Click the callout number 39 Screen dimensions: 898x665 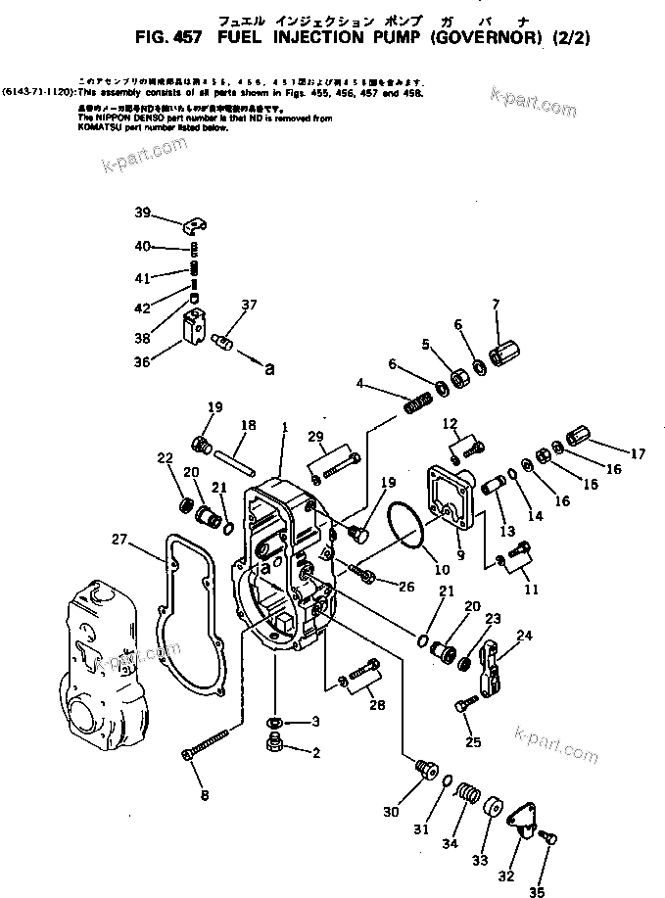click(x=143, y=213)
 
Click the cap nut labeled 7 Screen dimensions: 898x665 click(x=505, y=352)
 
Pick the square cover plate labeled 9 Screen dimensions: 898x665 click(x=450, y=494)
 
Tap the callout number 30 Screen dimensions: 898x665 click(x=392, y=811)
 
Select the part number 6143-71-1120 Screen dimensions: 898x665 click(x=36, y=87)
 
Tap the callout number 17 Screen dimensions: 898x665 click(x=638, y=453)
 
